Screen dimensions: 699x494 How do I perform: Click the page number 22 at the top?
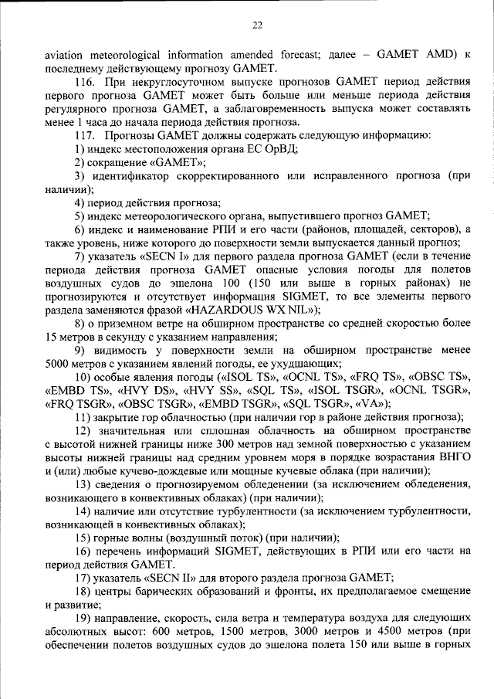257,25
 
